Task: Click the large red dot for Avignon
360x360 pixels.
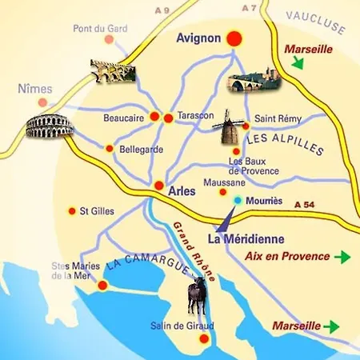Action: point(234,38)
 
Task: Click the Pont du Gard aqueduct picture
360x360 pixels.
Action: point(111,71)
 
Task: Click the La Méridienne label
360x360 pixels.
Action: point(241,238)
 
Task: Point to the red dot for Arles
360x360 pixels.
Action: point(159,185)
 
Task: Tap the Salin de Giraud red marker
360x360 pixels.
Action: point(203,339)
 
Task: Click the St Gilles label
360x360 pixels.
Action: point(96,211)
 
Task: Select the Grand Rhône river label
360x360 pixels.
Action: point(190,251)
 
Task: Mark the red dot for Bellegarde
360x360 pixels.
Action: point(109,148)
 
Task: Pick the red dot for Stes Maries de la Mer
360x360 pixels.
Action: point(102,285)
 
